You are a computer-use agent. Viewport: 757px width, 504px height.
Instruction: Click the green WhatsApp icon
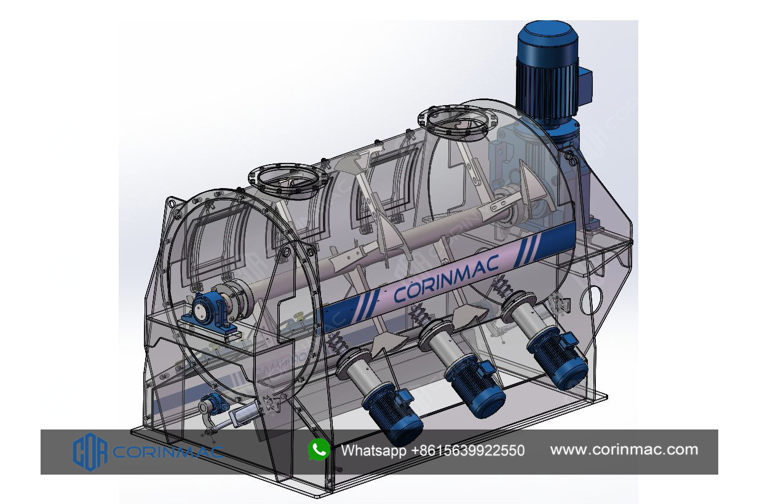point(319,450)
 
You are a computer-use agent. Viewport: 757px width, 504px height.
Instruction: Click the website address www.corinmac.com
point(624,450)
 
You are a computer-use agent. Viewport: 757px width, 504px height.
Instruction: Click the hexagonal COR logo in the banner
point(90,452)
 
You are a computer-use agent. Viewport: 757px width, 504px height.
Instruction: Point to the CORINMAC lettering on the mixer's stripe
point(446,278)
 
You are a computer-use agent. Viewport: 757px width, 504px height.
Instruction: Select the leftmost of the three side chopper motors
point(391,415)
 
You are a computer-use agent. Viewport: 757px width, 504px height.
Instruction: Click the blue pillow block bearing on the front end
point(207,313)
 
